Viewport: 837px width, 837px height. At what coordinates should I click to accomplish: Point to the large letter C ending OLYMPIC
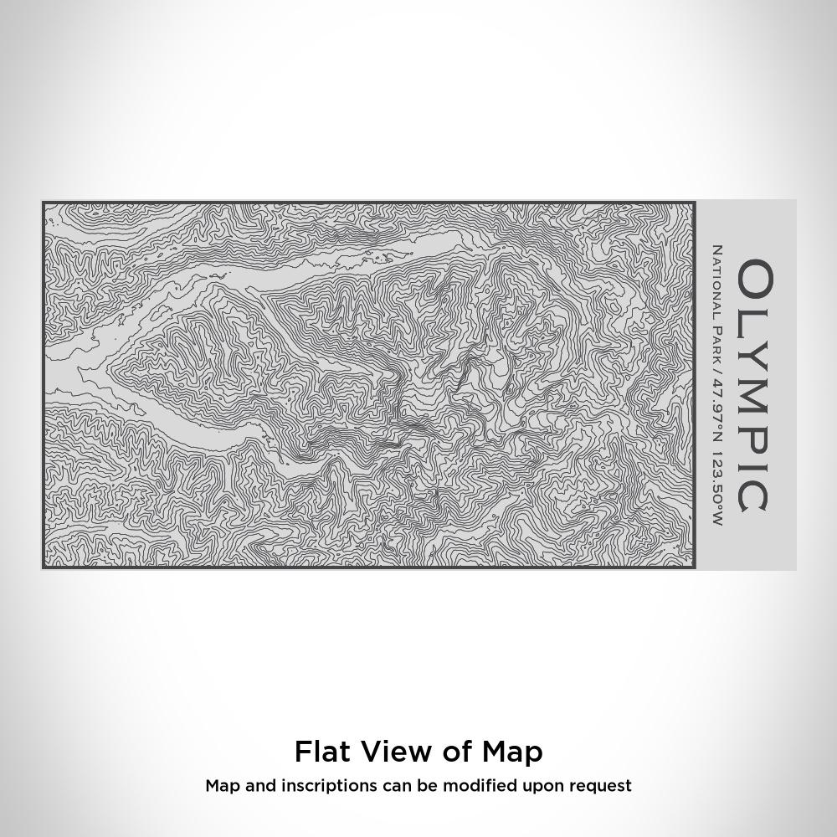[x=754, y=493]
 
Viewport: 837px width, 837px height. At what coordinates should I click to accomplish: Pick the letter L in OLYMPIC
[x=754, y=318]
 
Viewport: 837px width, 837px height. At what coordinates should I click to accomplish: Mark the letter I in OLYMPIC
[x=754, y=463]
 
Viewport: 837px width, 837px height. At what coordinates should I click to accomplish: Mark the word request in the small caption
[x=602, y=786]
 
